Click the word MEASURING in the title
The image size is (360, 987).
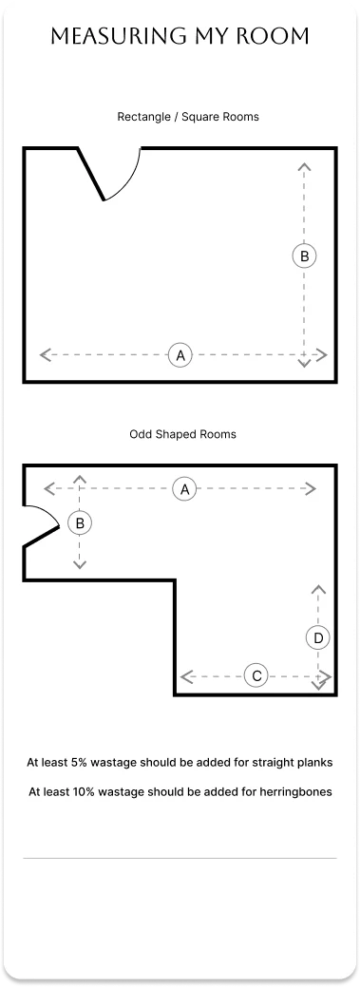pyautogui.click(x=116, y=36)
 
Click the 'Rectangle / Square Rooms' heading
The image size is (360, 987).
pyautogui.click(x=188, y=117)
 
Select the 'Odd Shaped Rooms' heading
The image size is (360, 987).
pyautogui.click(x=183, y=434)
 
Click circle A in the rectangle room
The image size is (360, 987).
pyautogui.click(x=180, y=355)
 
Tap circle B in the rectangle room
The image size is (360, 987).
pyautogui.click(x=305, y=256)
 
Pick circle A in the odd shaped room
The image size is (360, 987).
pyautogui.click(x=184, y=488)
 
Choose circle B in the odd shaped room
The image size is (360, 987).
pyautogui.click(x=80, y=523)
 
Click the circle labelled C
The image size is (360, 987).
pyautogui.click(x=256, y=676)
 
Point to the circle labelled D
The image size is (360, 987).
pyautogui.click(x=318, y=638)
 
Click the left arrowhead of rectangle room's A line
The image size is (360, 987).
pyautogui.click(x=45, y=355)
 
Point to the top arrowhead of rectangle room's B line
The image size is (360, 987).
pyautogui.click(x=305, y=166)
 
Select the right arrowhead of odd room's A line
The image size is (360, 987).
pyautogui.click(x=311, y=488)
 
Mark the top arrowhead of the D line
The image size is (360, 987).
pyautogui.click(x=318, y=589)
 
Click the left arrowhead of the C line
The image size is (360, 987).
pyautogui.click(x=185, y=676)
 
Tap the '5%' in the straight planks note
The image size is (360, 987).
pyautogui.click(x=80, y=762)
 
